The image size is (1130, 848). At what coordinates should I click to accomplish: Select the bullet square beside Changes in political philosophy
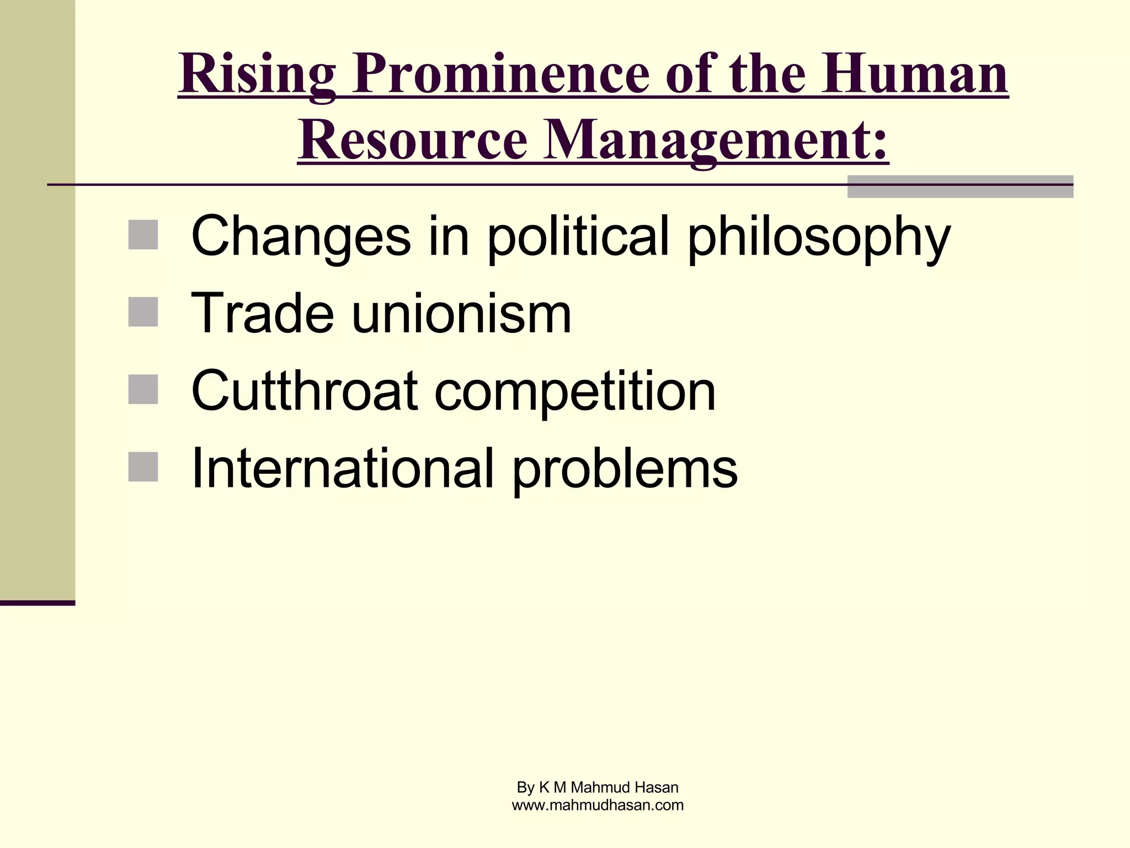point(143,235)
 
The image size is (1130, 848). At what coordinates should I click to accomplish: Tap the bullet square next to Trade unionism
point(143,312)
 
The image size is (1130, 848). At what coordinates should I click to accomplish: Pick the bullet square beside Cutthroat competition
point(143,389)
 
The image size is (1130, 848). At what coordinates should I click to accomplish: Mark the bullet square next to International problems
point(143,467)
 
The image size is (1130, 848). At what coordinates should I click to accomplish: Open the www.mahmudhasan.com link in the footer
point(598,805)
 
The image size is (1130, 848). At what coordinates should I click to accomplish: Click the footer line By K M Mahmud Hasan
point(598,787)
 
